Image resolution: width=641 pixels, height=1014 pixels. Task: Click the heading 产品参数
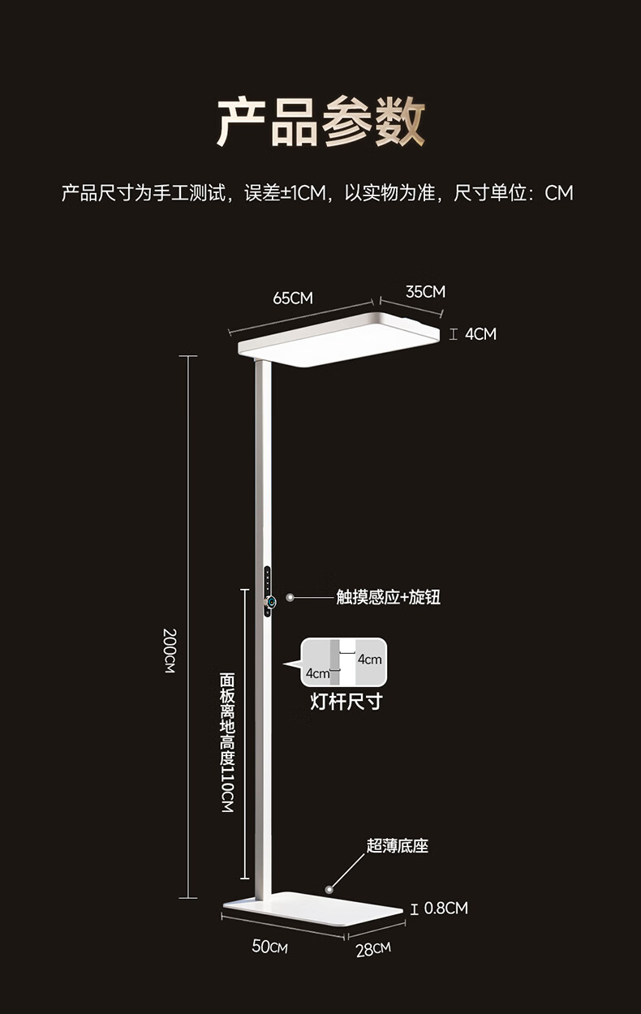point(320,122)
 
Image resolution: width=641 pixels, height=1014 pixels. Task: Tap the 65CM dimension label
point(292,298)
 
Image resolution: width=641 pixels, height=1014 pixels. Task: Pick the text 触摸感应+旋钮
point(388,598)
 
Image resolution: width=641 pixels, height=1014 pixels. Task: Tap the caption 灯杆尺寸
point(346,701)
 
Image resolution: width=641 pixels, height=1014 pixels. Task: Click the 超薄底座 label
point(397,846)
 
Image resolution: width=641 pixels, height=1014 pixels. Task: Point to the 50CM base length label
point(270,946)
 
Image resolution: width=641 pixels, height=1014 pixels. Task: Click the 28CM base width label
point(372,948)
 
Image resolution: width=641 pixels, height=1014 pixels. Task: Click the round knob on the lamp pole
point(269,602)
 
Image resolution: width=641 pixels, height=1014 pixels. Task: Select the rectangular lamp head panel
point(338,339)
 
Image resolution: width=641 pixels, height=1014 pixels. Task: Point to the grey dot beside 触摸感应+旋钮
point(290,598)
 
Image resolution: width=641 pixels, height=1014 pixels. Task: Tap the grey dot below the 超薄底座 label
point(329,890)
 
